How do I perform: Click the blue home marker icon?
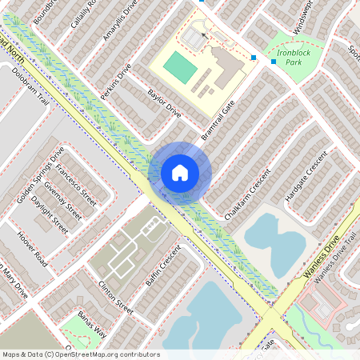click(180, 172)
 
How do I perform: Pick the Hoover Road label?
click(33, 250)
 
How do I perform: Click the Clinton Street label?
click(115, 295)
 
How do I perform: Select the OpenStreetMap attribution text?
click(80, 354)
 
